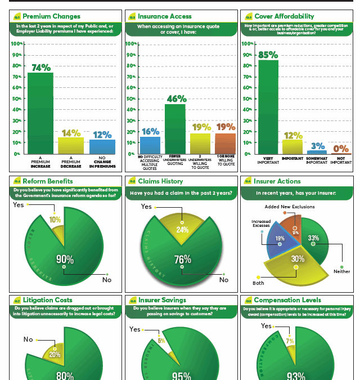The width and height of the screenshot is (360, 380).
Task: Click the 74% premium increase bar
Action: click(x=40, y=113)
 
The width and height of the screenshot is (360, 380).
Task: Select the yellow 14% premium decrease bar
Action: click(x=71, y=145)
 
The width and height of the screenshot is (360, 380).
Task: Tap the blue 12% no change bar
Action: click(x=102, y=146)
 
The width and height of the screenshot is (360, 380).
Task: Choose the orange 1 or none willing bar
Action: click(x=225, y=144)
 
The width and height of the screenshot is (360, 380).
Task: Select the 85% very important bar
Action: click(x=268, y=107)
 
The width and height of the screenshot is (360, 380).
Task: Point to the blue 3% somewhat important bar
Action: click(x=316, y=151)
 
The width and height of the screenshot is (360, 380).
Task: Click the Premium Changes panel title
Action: click(x=51, y=16)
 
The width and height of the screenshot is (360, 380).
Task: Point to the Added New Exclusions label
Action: click(x=290, y=207)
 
